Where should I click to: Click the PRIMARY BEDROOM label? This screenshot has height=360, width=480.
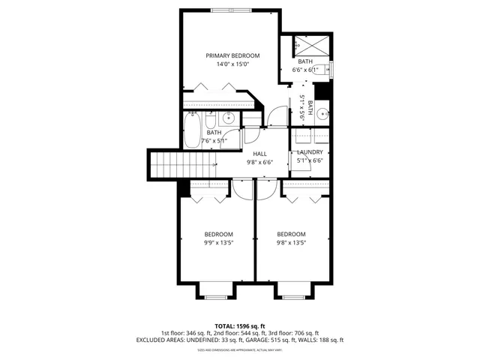click(233, 56)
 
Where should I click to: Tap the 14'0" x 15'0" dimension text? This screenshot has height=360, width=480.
click(233, 64)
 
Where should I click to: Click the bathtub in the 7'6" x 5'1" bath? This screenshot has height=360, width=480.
click(192, 129)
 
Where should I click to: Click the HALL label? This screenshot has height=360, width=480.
click(260, 154)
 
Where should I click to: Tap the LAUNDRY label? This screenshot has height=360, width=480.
click(310, 152)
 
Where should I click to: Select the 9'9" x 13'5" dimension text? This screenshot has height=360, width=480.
click(218, 242)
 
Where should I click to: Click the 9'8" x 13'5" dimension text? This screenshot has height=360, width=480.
click(291, 242)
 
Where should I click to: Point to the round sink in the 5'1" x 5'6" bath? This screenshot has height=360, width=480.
click(322, 114)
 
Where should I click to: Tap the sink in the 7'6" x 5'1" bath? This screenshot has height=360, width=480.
click(228, 118)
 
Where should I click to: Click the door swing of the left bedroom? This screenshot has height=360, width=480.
click(242, 188)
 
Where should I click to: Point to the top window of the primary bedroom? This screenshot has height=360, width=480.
click(232, 10)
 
